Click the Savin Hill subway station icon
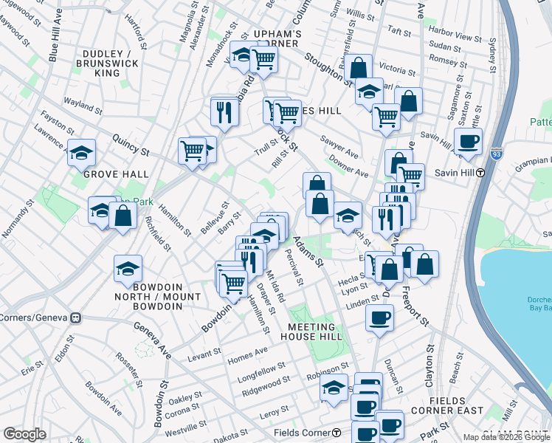click(480, 173)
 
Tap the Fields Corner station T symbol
click(336, 432)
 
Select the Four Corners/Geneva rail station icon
click(75, 318)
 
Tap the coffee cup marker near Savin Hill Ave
click(469, 140)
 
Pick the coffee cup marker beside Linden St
click(379, 317)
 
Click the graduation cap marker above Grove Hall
click(81, 152)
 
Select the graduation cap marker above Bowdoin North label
click(128, 268)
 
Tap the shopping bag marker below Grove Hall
click(123, 216)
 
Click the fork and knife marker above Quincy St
click(224, 111)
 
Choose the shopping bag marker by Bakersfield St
click(358, 67)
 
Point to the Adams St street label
click(308, 252)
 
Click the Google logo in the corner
click(24, 434)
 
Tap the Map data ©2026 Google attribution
click(506, 437)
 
